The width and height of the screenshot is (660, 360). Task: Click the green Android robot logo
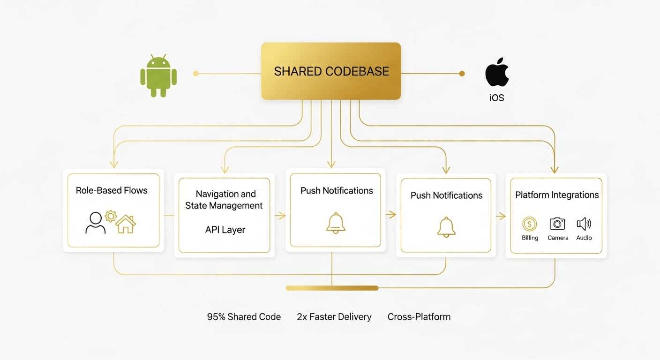click(158, 76)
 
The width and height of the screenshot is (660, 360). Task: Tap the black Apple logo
click(497, 73)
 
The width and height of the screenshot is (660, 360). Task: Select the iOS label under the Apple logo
click(497, 98)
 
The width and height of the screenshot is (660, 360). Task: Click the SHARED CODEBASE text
click(331, 71)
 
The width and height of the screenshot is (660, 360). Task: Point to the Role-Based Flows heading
click(112, 190)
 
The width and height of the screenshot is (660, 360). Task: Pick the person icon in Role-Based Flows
click(96, 223)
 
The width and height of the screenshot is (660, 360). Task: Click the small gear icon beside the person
click(111, 216)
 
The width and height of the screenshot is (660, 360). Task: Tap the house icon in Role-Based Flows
click(126, 224)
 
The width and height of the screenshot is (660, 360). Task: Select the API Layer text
click(225, 230)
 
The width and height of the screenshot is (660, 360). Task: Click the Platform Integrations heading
click(557, 195)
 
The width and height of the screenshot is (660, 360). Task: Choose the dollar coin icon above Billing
click(530, 224)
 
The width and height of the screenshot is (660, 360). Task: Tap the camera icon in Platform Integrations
click(557, 224)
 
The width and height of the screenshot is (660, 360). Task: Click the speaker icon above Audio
click(584, 224)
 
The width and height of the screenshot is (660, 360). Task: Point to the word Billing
click(530, 238)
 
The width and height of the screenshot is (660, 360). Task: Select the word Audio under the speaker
click(584, 238)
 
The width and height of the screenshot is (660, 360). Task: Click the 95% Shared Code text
click(244, 317)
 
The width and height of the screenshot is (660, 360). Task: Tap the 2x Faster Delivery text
click(334, 317)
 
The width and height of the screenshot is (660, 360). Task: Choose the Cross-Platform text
click(419, 317)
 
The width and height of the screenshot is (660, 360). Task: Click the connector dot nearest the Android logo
click(196, 73)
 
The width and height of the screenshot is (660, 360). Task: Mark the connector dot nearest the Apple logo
click(462, 73)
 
